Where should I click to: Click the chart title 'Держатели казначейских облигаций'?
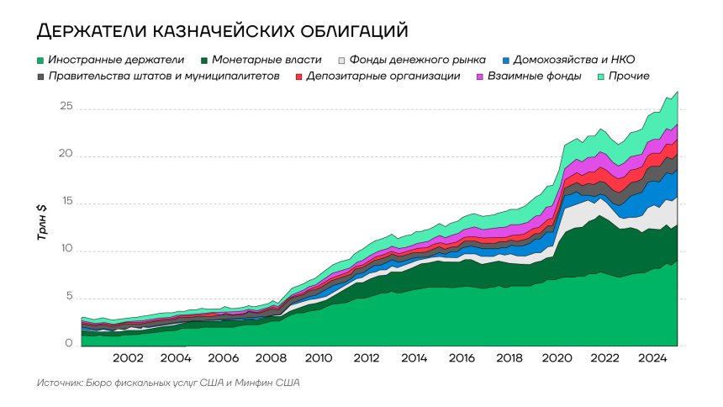coord(222,31)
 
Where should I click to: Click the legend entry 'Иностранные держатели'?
coord(116,60)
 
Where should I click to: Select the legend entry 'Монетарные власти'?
coord(267,60)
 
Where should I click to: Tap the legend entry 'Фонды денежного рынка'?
coord(417,60)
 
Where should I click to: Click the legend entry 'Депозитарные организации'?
coord(383,77)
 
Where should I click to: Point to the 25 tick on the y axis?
coord(66,108)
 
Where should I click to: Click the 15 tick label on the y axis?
coord(66,203)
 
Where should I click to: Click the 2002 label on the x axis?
coord(128,358)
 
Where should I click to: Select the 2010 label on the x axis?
coord(318,358)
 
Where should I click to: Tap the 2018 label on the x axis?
coord(509,358)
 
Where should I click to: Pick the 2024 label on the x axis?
coord(652,358)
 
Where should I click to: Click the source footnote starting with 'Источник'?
coord(168,383)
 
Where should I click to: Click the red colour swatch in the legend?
coord(299,77)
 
